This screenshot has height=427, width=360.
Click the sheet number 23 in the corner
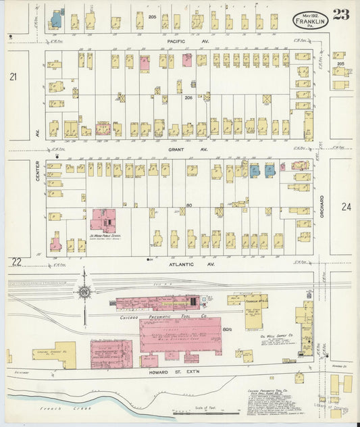click(x=340, y=14)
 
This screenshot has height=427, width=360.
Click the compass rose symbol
click(x=84, y=291)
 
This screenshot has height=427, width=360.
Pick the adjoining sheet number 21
click(x=13, y=78)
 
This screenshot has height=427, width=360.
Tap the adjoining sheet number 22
click(x=16, y=261)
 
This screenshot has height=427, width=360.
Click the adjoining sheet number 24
click(x=346, y=207)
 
